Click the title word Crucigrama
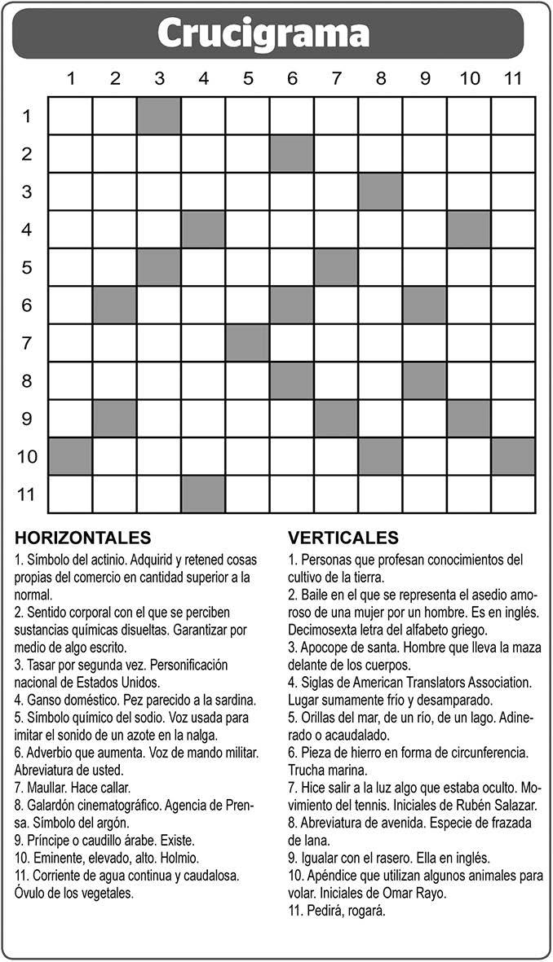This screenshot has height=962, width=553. point(263,34)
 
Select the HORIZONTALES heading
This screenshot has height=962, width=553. point(82,538)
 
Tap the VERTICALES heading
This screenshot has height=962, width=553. point(343,538)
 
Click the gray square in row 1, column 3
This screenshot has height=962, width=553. point(159,116)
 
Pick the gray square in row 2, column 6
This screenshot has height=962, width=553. point(292,153)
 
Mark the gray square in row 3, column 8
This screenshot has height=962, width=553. point(381,191)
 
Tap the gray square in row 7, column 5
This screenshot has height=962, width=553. point(248,343)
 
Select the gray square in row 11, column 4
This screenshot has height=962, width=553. point(203,494)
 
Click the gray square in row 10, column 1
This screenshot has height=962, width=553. point(70,456)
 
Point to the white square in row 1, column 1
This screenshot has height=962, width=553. point(70,116)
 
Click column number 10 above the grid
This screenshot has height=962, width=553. point(469,79)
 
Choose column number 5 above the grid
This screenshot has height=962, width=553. point(248,79)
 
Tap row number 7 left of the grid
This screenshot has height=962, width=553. point(27,343)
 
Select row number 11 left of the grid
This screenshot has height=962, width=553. point(27,494)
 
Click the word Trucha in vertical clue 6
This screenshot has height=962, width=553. point(306,770)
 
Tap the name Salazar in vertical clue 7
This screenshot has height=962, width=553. point(513,805)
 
